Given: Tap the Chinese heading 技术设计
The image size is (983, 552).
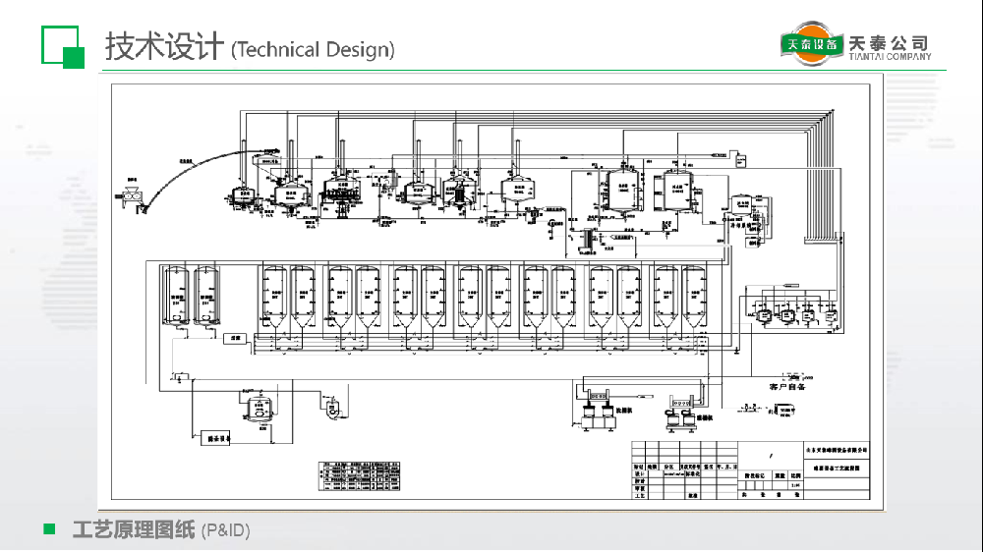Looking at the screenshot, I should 163,46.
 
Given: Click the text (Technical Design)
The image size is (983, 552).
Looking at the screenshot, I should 313,50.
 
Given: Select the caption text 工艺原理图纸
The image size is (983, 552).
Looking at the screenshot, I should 134,530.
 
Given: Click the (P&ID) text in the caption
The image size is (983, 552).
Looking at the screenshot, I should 225,531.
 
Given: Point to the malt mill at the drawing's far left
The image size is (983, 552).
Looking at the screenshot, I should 132,193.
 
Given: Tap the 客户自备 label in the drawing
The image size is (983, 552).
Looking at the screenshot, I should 786,387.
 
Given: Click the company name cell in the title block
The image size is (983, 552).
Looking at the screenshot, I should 836,448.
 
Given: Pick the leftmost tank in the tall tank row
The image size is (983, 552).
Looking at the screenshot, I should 178,295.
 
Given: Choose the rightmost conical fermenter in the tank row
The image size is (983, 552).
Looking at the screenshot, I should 694,296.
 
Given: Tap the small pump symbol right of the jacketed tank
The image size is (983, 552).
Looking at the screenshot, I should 331,405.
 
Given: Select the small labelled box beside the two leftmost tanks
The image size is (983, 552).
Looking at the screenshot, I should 234,338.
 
